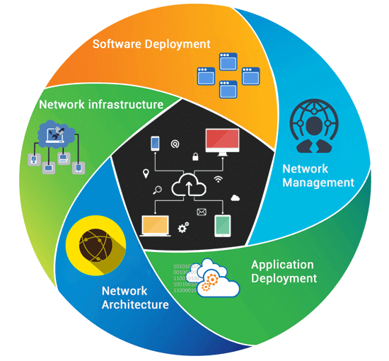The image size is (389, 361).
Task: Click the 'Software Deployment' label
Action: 151,44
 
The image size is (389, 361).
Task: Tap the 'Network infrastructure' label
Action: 101,105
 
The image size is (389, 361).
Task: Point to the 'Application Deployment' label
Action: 284,272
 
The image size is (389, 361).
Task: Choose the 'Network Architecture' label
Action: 135,297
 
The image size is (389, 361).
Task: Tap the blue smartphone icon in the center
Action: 156,143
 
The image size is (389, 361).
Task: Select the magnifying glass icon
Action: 158,189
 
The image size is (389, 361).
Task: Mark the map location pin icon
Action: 146,173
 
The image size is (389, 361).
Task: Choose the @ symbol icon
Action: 175,144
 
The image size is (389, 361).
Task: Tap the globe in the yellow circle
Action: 95,248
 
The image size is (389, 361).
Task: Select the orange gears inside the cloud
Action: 207,283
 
